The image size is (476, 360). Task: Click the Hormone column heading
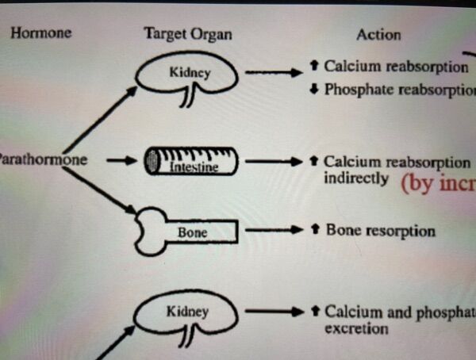(40, 33)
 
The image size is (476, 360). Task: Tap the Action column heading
(378, 34)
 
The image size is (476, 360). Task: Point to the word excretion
(356, 328)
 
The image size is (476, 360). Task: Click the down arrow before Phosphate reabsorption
(314, 89)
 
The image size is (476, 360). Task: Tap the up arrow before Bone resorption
(314, 231)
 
